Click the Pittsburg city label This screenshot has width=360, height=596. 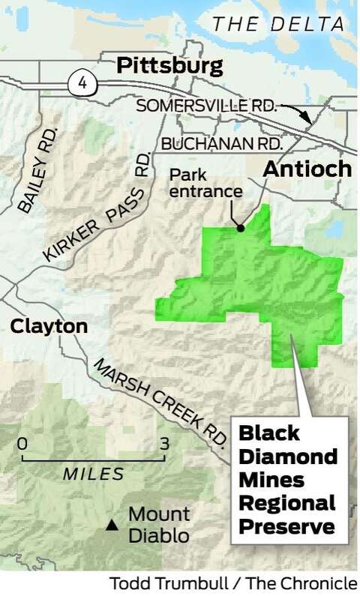tap(169, 66)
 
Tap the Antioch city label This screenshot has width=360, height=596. tap(307, 169)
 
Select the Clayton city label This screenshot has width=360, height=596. tap(48, 326)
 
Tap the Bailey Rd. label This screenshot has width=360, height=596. tap(34, 181)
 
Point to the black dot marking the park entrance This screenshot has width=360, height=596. tap(240, 228)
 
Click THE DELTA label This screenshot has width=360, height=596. tap(274, 24)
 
